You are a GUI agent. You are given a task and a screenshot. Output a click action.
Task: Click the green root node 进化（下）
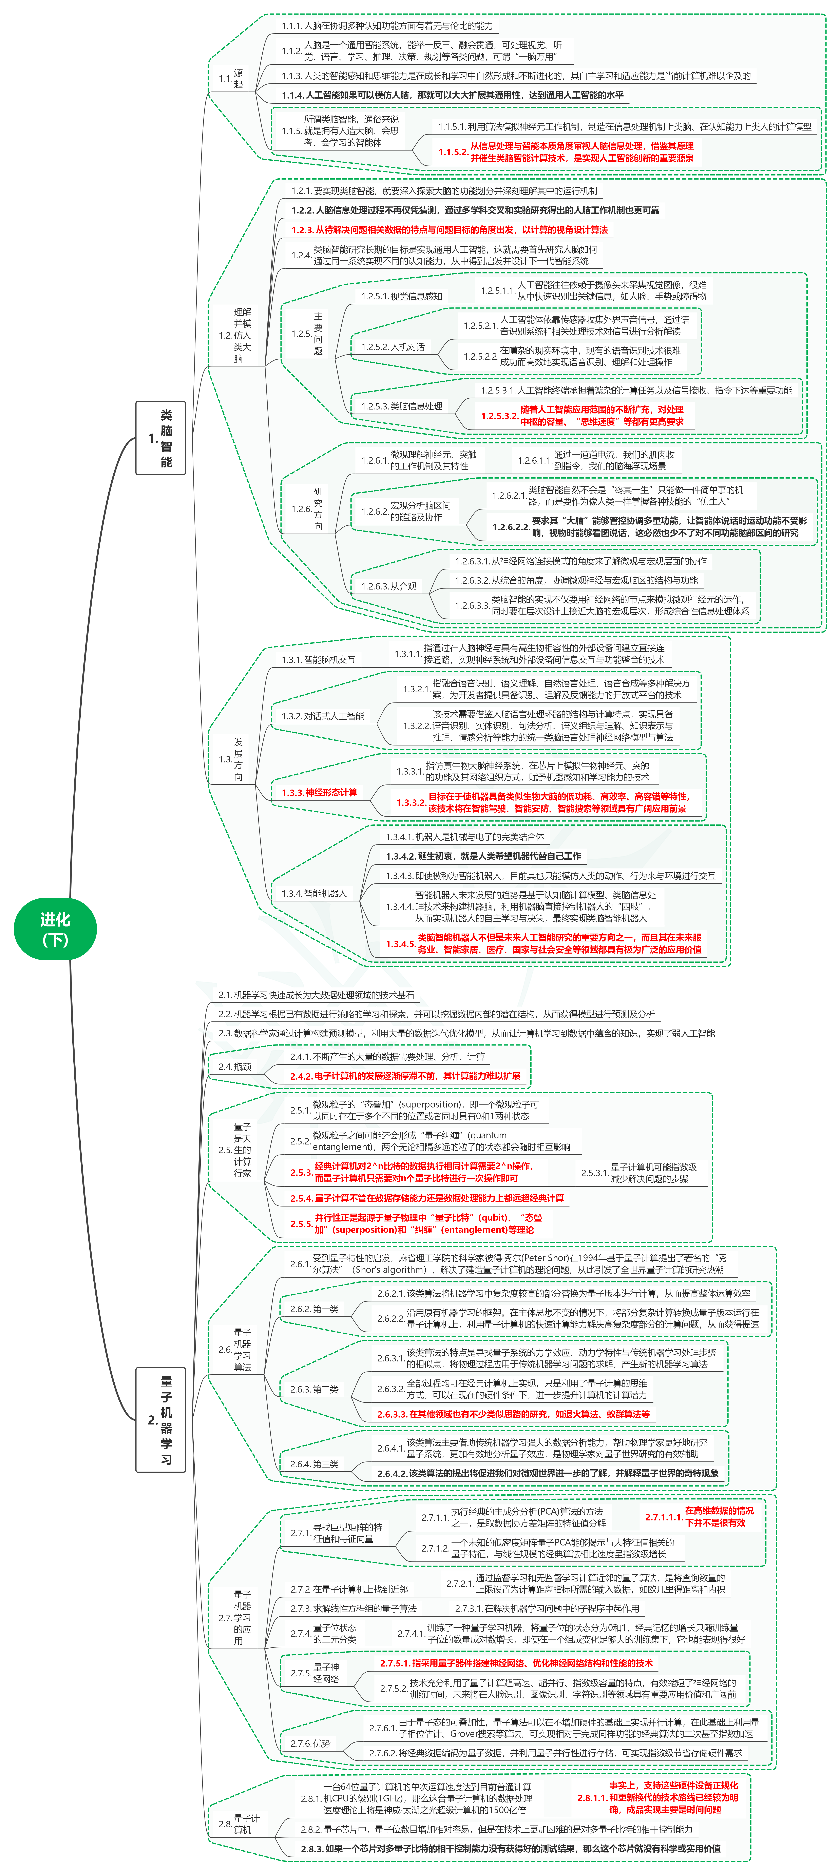[x=55, y=929]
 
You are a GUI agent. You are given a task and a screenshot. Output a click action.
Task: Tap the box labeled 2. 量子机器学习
[x=161, y=1419]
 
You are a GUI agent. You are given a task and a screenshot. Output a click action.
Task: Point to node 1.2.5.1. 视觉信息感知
[x=401, y=296]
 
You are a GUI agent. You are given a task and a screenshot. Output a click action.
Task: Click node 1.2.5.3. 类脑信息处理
[x=401, y=406]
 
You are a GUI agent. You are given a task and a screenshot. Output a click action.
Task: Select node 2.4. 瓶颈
[x=234, y=1066]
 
